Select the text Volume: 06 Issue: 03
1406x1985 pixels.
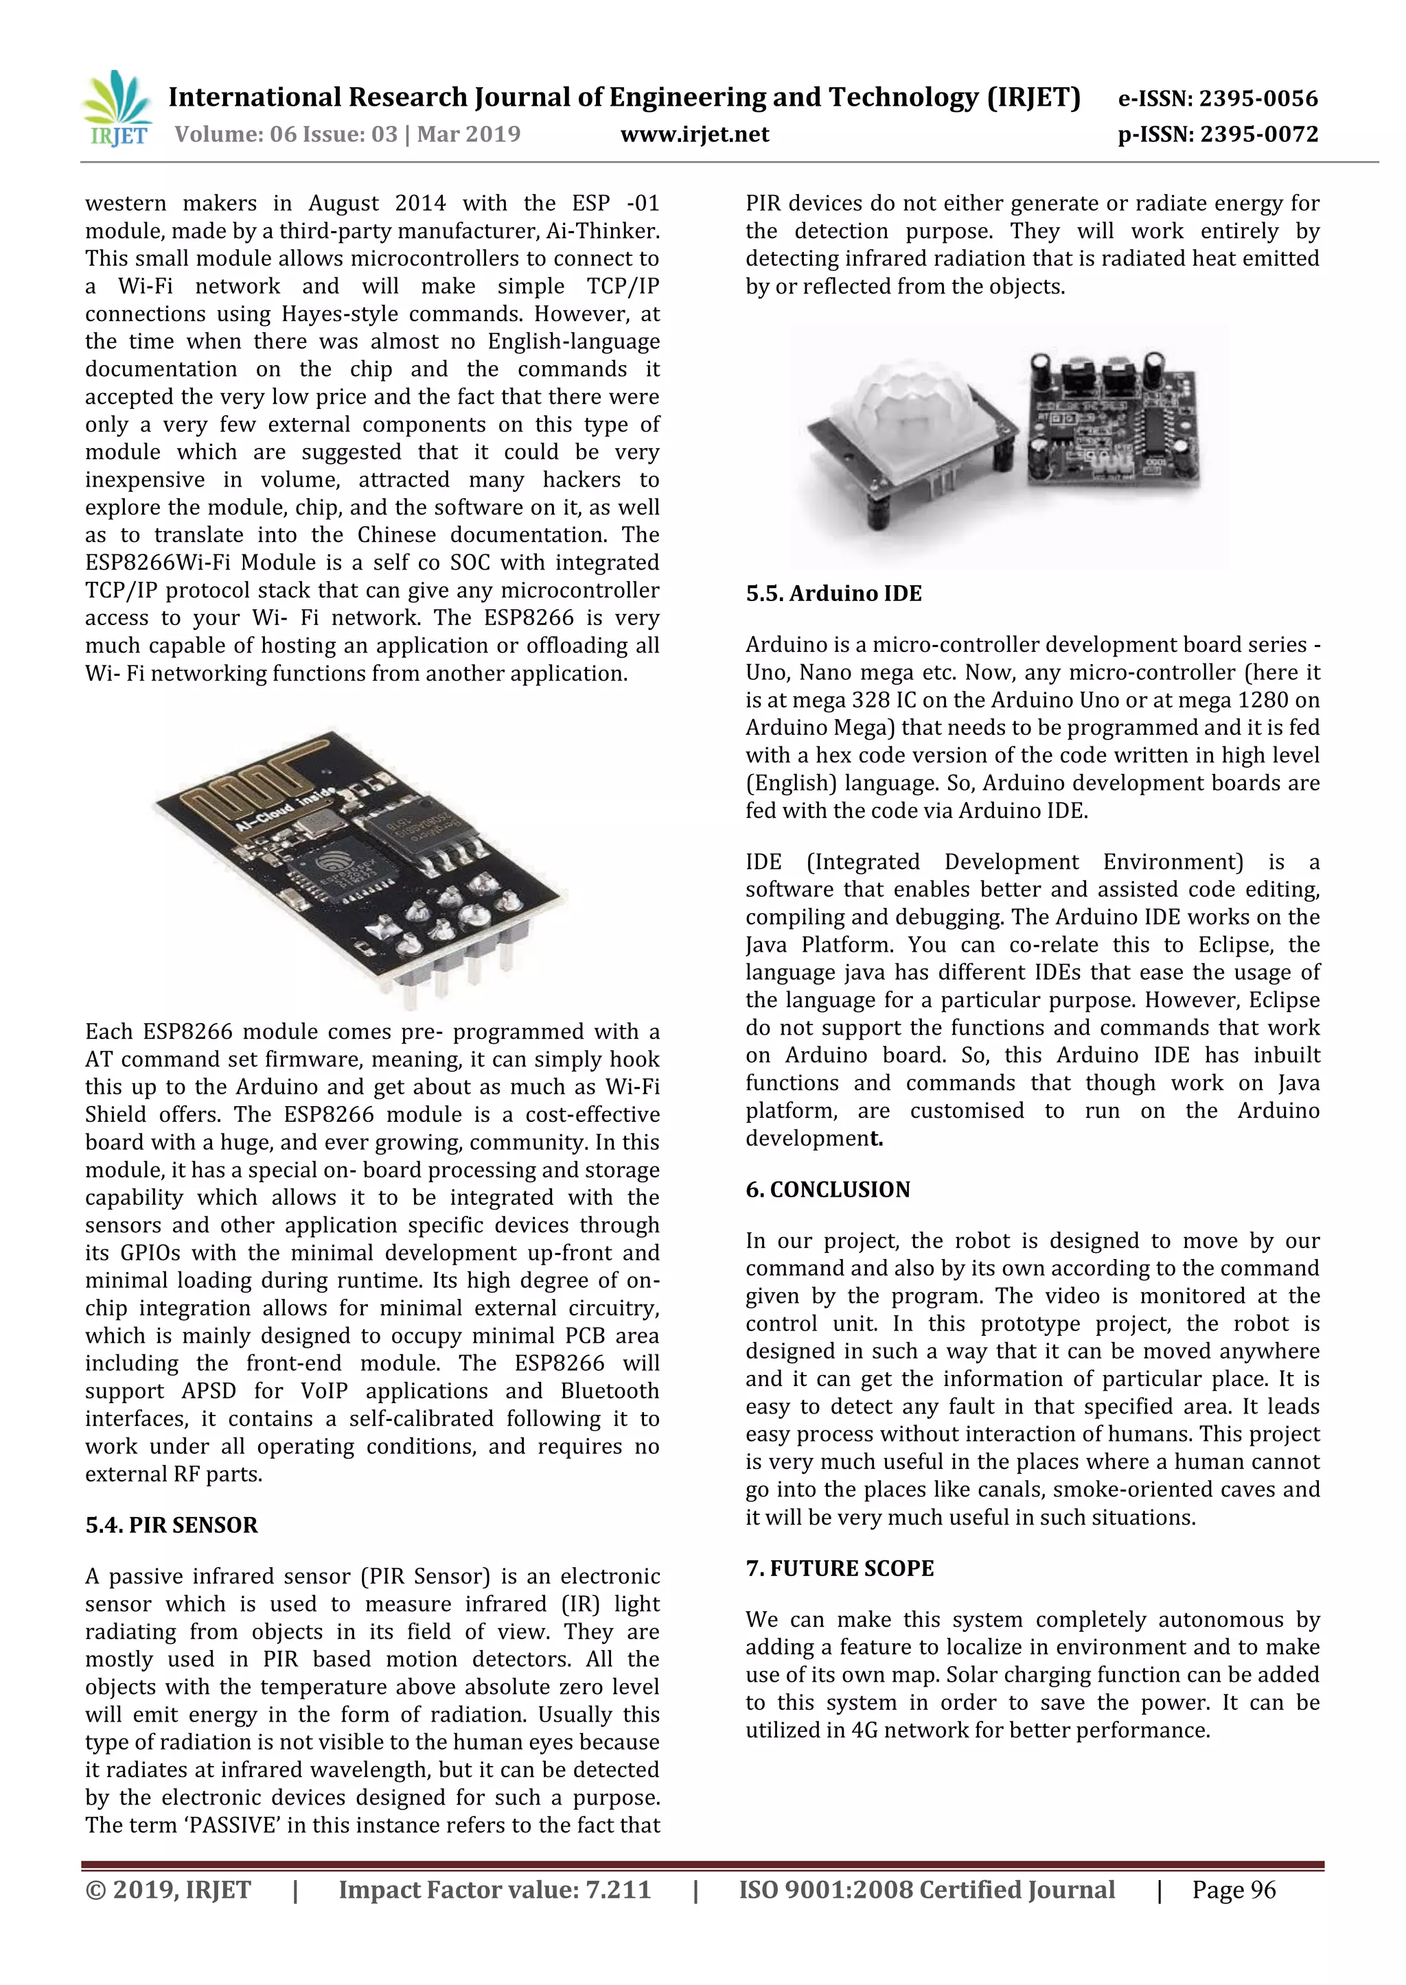coord(286,134)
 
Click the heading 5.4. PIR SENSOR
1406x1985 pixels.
coord(172,1525)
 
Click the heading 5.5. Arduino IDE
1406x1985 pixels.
coord(833,594)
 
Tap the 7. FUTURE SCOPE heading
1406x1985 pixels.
coord(839,1569)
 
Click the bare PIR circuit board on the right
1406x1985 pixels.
coord(1112,424)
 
